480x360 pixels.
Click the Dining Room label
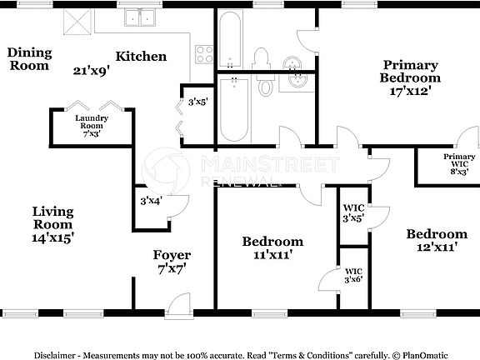click(x=30, y=59)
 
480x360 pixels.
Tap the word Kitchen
click(x=141, y=57)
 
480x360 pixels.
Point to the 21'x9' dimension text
click(x=92, y=70)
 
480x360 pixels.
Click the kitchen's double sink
click(x=142, y=17)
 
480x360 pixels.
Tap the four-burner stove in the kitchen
click(x=204, y=55)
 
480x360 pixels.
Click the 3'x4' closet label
click(x=151, y=200)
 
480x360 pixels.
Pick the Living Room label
click(x=52, y=217)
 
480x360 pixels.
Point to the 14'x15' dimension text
click(x=53, y=237)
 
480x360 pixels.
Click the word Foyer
click(x=172, y=255)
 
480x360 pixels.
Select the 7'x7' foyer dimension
click(x=172, y=269)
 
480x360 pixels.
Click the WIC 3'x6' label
click(x=354, y=274)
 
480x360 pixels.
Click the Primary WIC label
click(x=459, y=162)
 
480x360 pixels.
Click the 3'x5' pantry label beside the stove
click(x=197, y=102)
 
